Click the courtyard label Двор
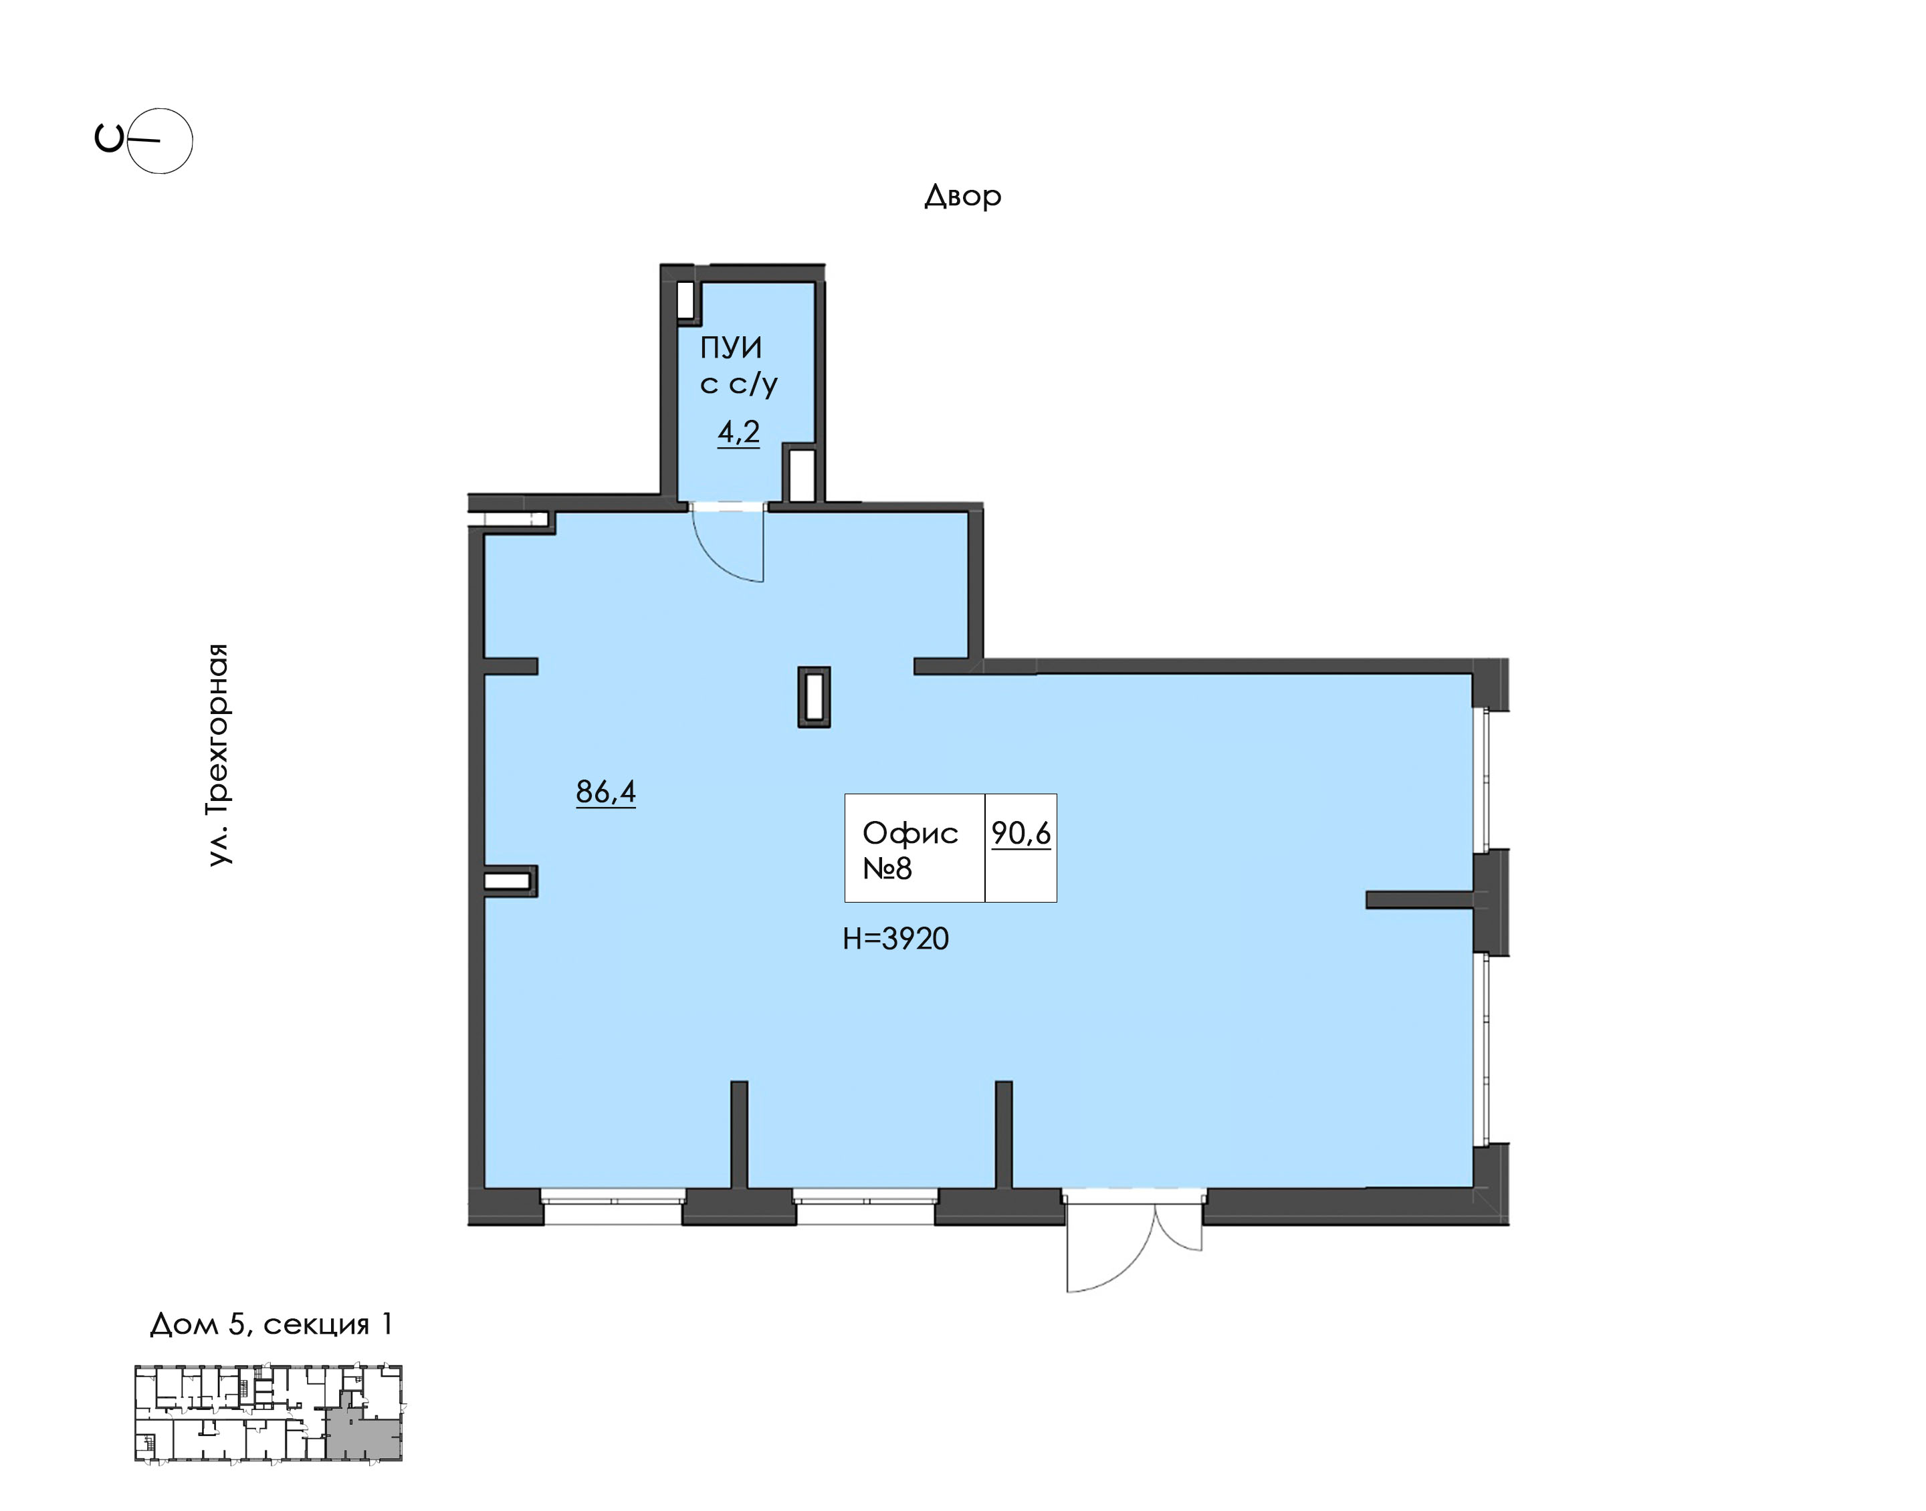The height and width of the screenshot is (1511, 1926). tap(962, 195)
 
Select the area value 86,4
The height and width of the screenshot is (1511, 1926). tap(606, 791)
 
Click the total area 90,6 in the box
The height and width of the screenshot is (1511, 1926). tap(1021, 833)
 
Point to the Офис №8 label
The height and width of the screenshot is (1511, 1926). tap(910, 850)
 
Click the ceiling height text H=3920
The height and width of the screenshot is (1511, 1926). tap(895, 938)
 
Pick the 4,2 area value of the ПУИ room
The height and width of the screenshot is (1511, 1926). tap(739, 432)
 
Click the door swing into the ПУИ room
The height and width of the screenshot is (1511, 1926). tap(727, 542)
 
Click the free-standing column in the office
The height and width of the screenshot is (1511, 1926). tap(814, 697)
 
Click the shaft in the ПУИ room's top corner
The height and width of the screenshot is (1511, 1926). tap(685, 300)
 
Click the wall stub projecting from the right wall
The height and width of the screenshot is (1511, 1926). tap(1419, 900)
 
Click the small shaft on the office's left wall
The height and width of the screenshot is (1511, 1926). tap(510, 881)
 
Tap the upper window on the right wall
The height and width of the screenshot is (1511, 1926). tap(1482, 780)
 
